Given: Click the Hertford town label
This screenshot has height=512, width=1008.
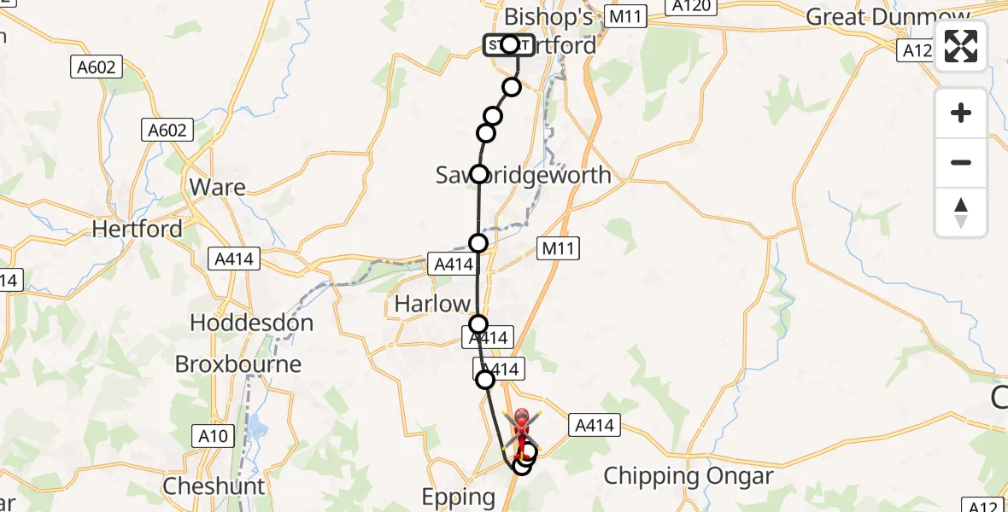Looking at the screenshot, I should tap(137, 229).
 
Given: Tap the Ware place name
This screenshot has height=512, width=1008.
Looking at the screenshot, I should tap(217, 188).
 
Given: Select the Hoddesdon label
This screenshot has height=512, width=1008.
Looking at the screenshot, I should tap(251, 323).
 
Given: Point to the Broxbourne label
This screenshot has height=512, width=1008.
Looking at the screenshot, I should tap(238, 364).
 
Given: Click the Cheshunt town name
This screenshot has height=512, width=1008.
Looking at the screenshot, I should tap(214, 486).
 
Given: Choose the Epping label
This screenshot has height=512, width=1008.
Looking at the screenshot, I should tap(459, 497).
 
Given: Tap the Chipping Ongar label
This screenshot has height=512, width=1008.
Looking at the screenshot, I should tap(689, 476).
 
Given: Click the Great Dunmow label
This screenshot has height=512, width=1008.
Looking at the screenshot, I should tap(888, 17).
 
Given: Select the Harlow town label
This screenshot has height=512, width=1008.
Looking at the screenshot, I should tap(432, 303).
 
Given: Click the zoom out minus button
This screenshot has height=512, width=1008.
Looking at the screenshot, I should tap(961, 163).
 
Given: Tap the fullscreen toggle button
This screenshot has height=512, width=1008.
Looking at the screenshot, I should tap(961, 46).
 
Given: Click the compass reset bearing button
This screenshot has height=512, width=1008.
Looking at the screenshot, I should tap(961, 212).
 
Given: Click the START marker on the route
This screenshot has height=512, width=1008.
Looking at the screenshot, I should tap(509, 44).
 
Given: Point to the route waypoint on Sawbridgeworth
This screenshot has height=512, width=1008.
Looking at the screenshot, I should tap(479, 174).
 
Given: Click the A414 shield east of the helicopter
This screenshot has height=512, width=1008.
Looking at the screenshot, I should tap(594, 424).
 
